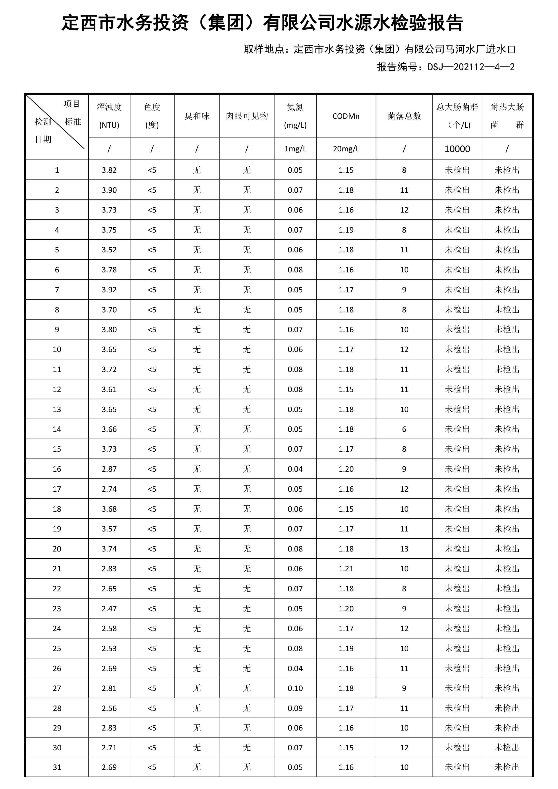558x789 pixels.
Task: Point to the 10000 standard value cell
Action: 457,149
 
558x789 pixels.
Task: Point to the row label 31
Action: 57,767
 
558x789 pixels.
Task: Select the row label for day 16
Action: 57,469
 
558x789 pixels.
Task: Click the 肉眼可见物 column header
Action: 247,116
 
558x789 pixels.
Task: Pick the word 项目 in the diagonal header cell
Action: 72,104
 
